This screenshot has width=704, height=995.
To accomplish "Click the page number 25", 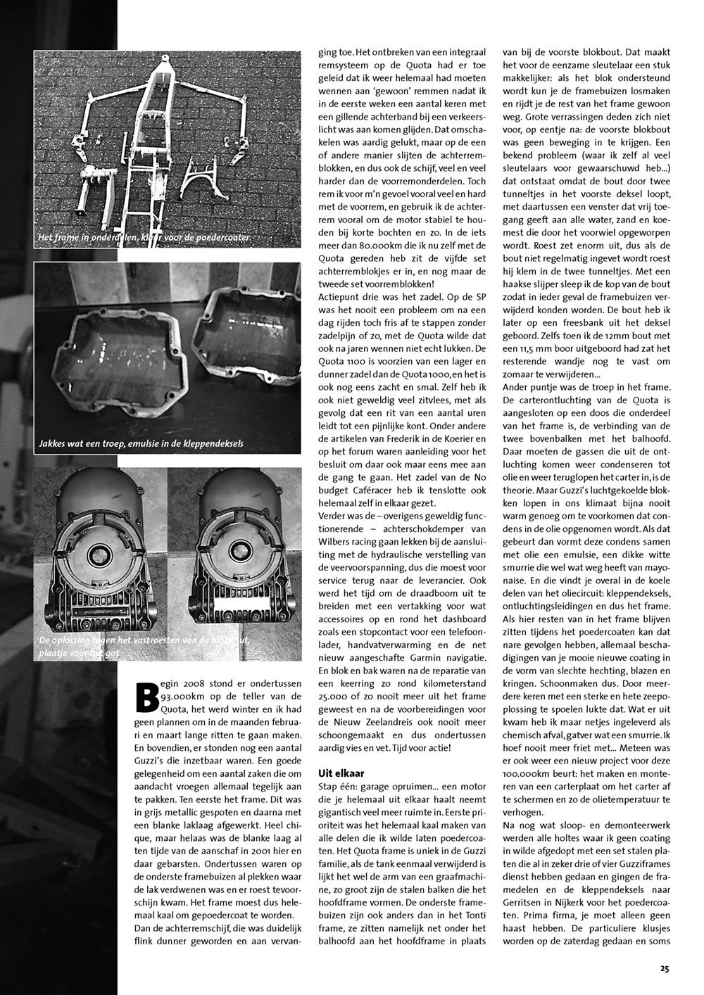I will click(665, 968).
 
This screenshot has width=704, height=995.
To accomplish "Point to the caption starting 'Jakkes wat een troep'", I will click(142, 444).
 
